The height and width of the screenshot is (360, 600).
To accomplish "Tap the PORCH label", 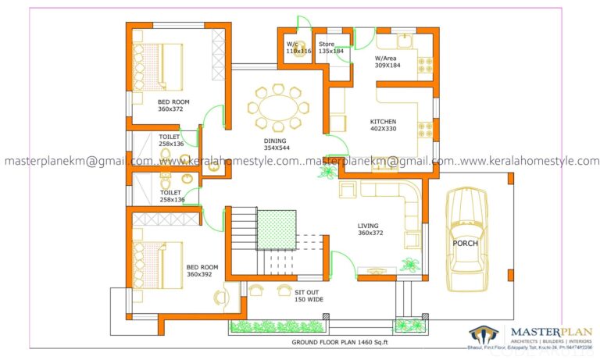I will coord(465,243).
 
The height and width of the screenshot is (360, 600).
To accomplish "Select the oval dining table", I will coord(276,105).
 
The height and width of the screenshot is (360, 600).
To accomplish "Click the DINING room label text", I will coord(276,141).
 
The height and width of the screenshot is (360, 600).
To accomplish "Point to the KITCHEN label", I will coord(383,122).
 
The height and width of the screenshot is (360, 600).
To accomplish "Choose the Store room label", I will coord(327,45).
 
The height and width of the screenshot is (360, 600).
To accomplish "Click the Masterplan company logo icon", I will coord(484,335).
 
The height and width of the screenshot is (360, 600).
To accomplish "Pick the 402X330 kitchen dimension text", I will coord(383,130).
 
